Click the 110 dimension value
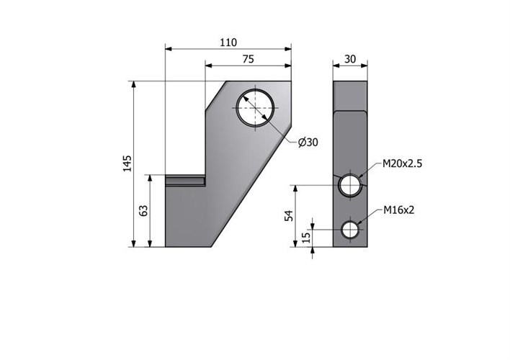228,42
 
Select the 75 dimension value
249,59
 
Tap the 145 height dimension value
127,163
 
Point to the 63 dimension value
143,211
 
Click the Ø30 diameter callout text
308,142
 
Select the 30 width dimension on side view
350,59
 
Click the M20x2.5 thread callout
403,163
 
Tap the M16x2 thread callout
399,210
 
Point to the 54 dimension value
289,216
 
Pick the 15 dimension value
306,238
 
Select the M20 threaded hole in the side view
350,185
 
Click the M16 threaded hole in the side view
350,230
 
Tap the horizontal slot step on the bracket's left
185,181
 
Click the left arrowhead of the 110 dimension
169,49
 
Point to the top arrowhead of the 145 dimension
133,84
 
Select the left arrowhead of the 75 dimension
208,66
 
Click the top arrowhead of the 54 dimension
295,189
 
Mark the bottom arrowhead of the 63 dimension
150,243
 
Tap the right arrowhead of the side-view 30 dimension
364,66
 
